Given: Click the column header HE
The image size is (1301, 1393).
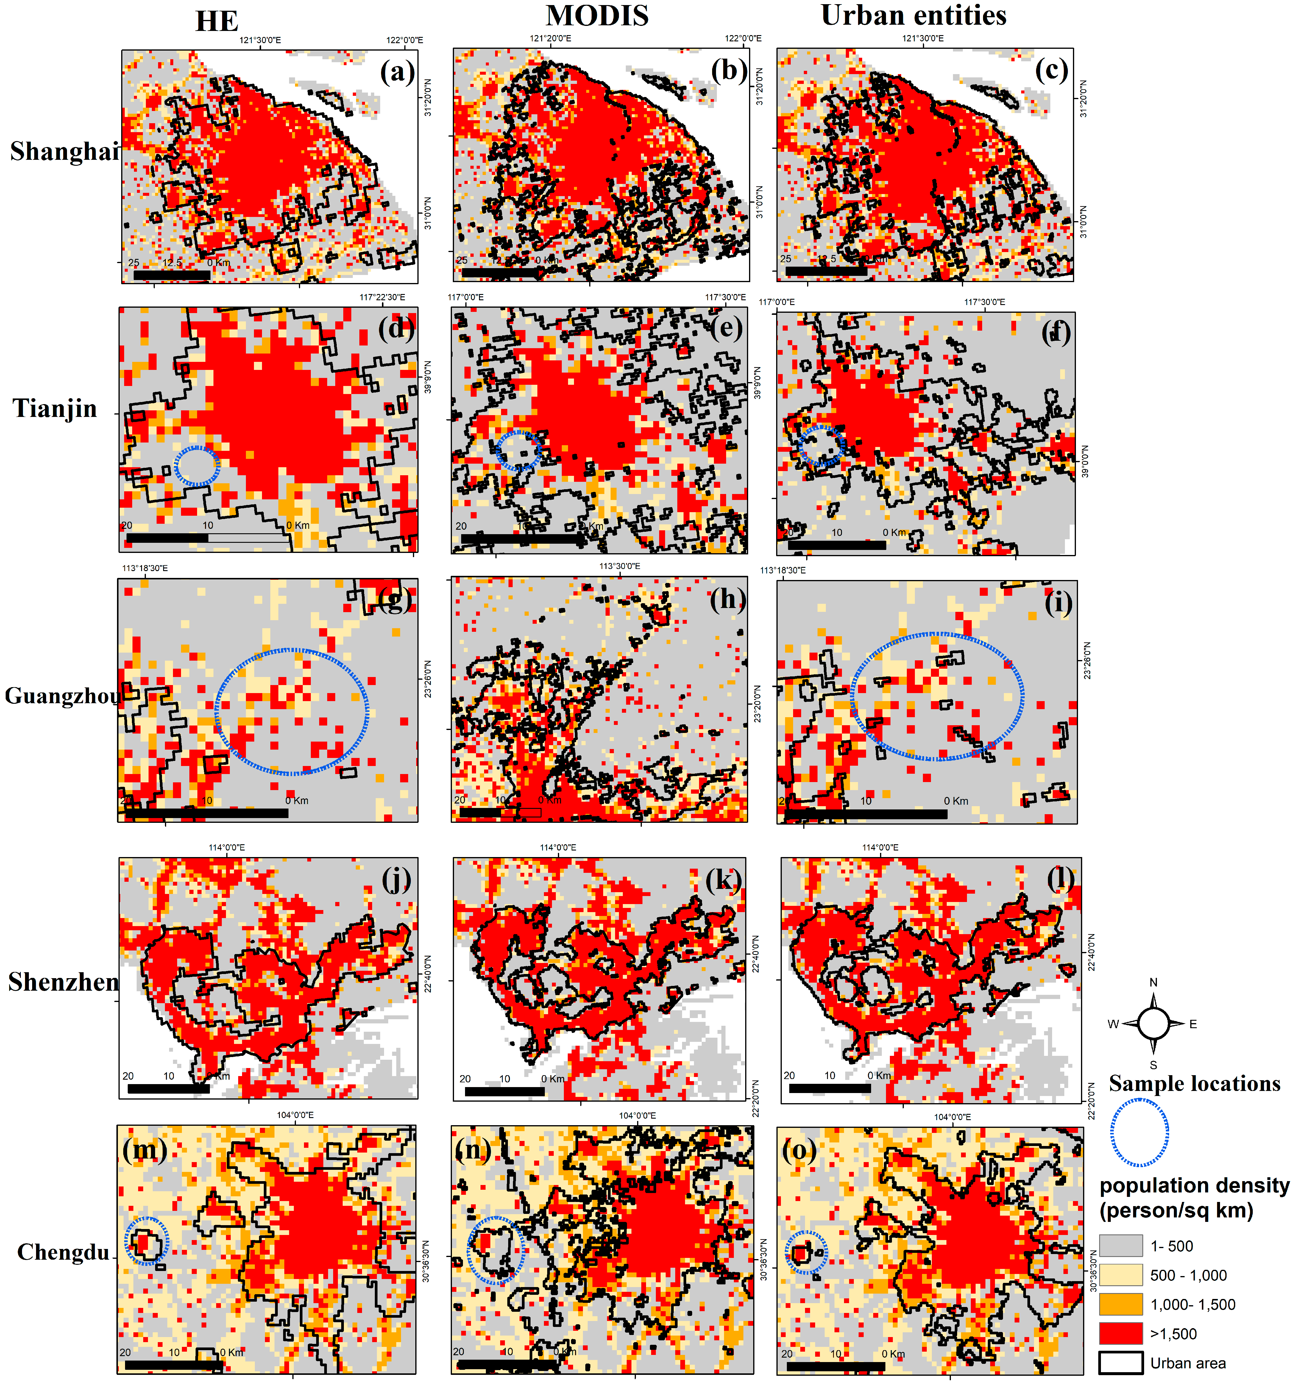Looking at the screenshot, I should pyautogui.click(x=217, y=21).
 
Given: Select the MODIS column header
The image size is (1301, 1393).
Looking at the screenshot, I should pyautogui.click(x=597, y=15).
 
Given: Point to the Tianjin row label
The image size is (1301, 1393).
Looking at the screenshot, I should pyautogui.click(x=55, y=408).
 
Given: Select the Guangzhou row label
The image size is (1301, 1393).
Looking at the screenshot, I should pyautogui.click(x=62, y=696).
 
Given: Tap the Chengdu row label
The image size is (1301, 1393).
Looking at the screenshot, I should pyautogui.click(x=63, y=1251).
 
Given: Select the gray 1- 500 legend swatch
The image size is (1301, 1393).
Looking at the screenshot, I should pyautogui.click(x=1120, y=1245).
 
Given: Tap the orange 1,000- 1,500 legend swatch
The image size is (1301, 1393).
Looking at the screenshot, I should pyautogui.click(x=1120, y=1304).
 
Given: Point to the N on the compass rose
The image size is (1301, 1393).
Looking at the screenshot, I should pyautogui.click(x=1153, y=982).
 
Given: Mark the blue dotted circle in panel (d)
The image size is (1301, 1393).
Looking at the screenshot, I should pyautogui.click(x=197, y=466).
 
